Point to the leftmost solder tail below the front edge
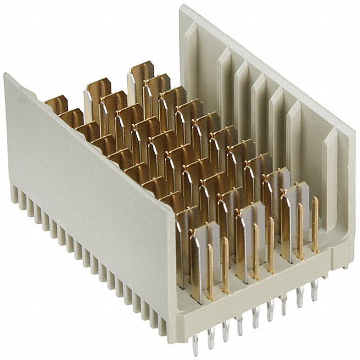(x=195, y=344)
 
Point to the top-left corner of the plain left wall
(x=7, y=76)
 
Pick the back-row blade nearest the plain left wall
(x=57, y=104)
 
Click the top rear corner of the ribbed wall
(x=183, y=8)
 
